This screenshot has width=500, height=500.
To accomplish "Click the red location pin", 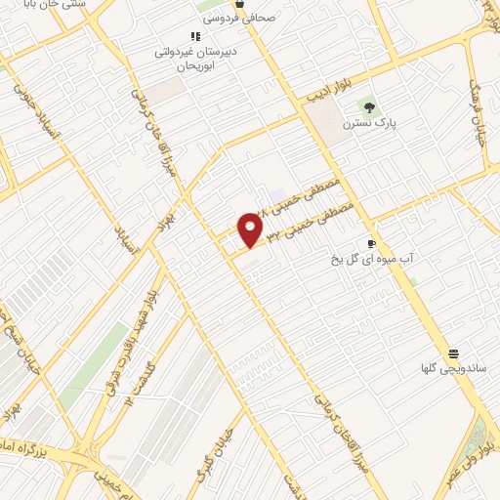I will pyautogui.click(x=251, y=229).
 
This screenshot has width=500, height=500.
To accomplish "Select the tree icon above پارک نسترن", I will pyautogui.click(x=368, y=106).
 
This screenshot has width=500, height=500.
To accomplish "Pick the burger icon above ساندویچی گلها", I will pyautogui.click(x=453, y=354).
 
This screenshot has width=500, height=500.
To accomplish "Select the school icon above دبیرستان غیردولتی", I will pyautogui.click(x=194, y=37).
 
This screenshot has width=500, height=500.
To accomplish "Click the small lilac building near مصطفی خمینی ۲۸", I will pyautogui.click(x=279, y=195).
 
